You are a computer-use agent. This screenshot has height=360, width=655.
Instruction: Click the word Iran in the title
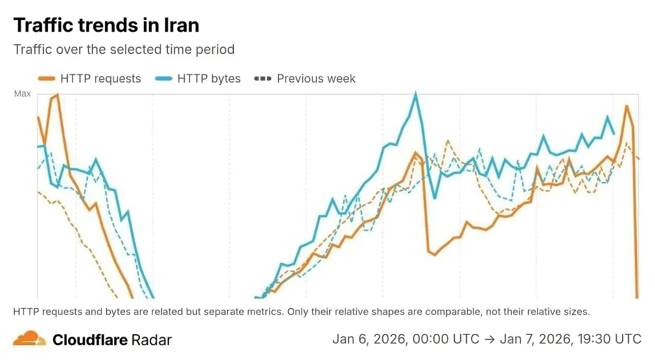(x=179, y=25)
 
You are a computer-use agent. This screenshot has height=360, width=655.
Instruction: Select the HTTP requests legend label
(x=100, y=78)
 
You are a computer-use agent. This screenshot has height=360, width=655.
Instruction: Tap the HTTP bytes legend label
(x=209, y=78)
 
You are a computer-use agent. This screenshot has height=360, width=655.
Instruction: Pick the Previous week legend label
(x=316, y=78)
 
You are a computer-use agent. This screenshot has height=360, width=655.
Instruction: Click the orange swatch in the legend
(x=47, y=79)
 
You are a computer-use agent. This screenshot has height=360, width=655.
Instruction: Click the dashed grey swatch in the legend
(x=263, y=79)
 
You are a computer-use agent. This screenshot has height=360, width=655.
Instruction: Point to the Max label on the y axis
(x=23, y=94)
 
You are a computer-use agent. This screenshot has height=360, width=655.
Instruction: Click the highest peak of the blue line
(x=415, y=94)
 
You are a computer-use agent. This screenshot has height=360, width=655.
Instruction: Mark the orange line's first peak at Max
(x=57, y=95)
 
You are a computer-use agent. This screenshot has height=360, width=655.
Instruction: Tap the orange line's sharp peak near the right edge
(x=626, y=106)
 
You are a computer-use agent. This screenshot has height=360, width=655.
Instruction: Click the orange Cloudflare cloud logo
(x=30, y=338)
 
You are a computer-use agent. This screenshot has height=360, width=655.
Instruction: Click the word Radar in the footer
(x=151, y=339)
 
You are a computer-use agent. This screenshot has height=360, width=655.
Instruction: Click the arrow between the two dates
(x=490, y=339)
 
